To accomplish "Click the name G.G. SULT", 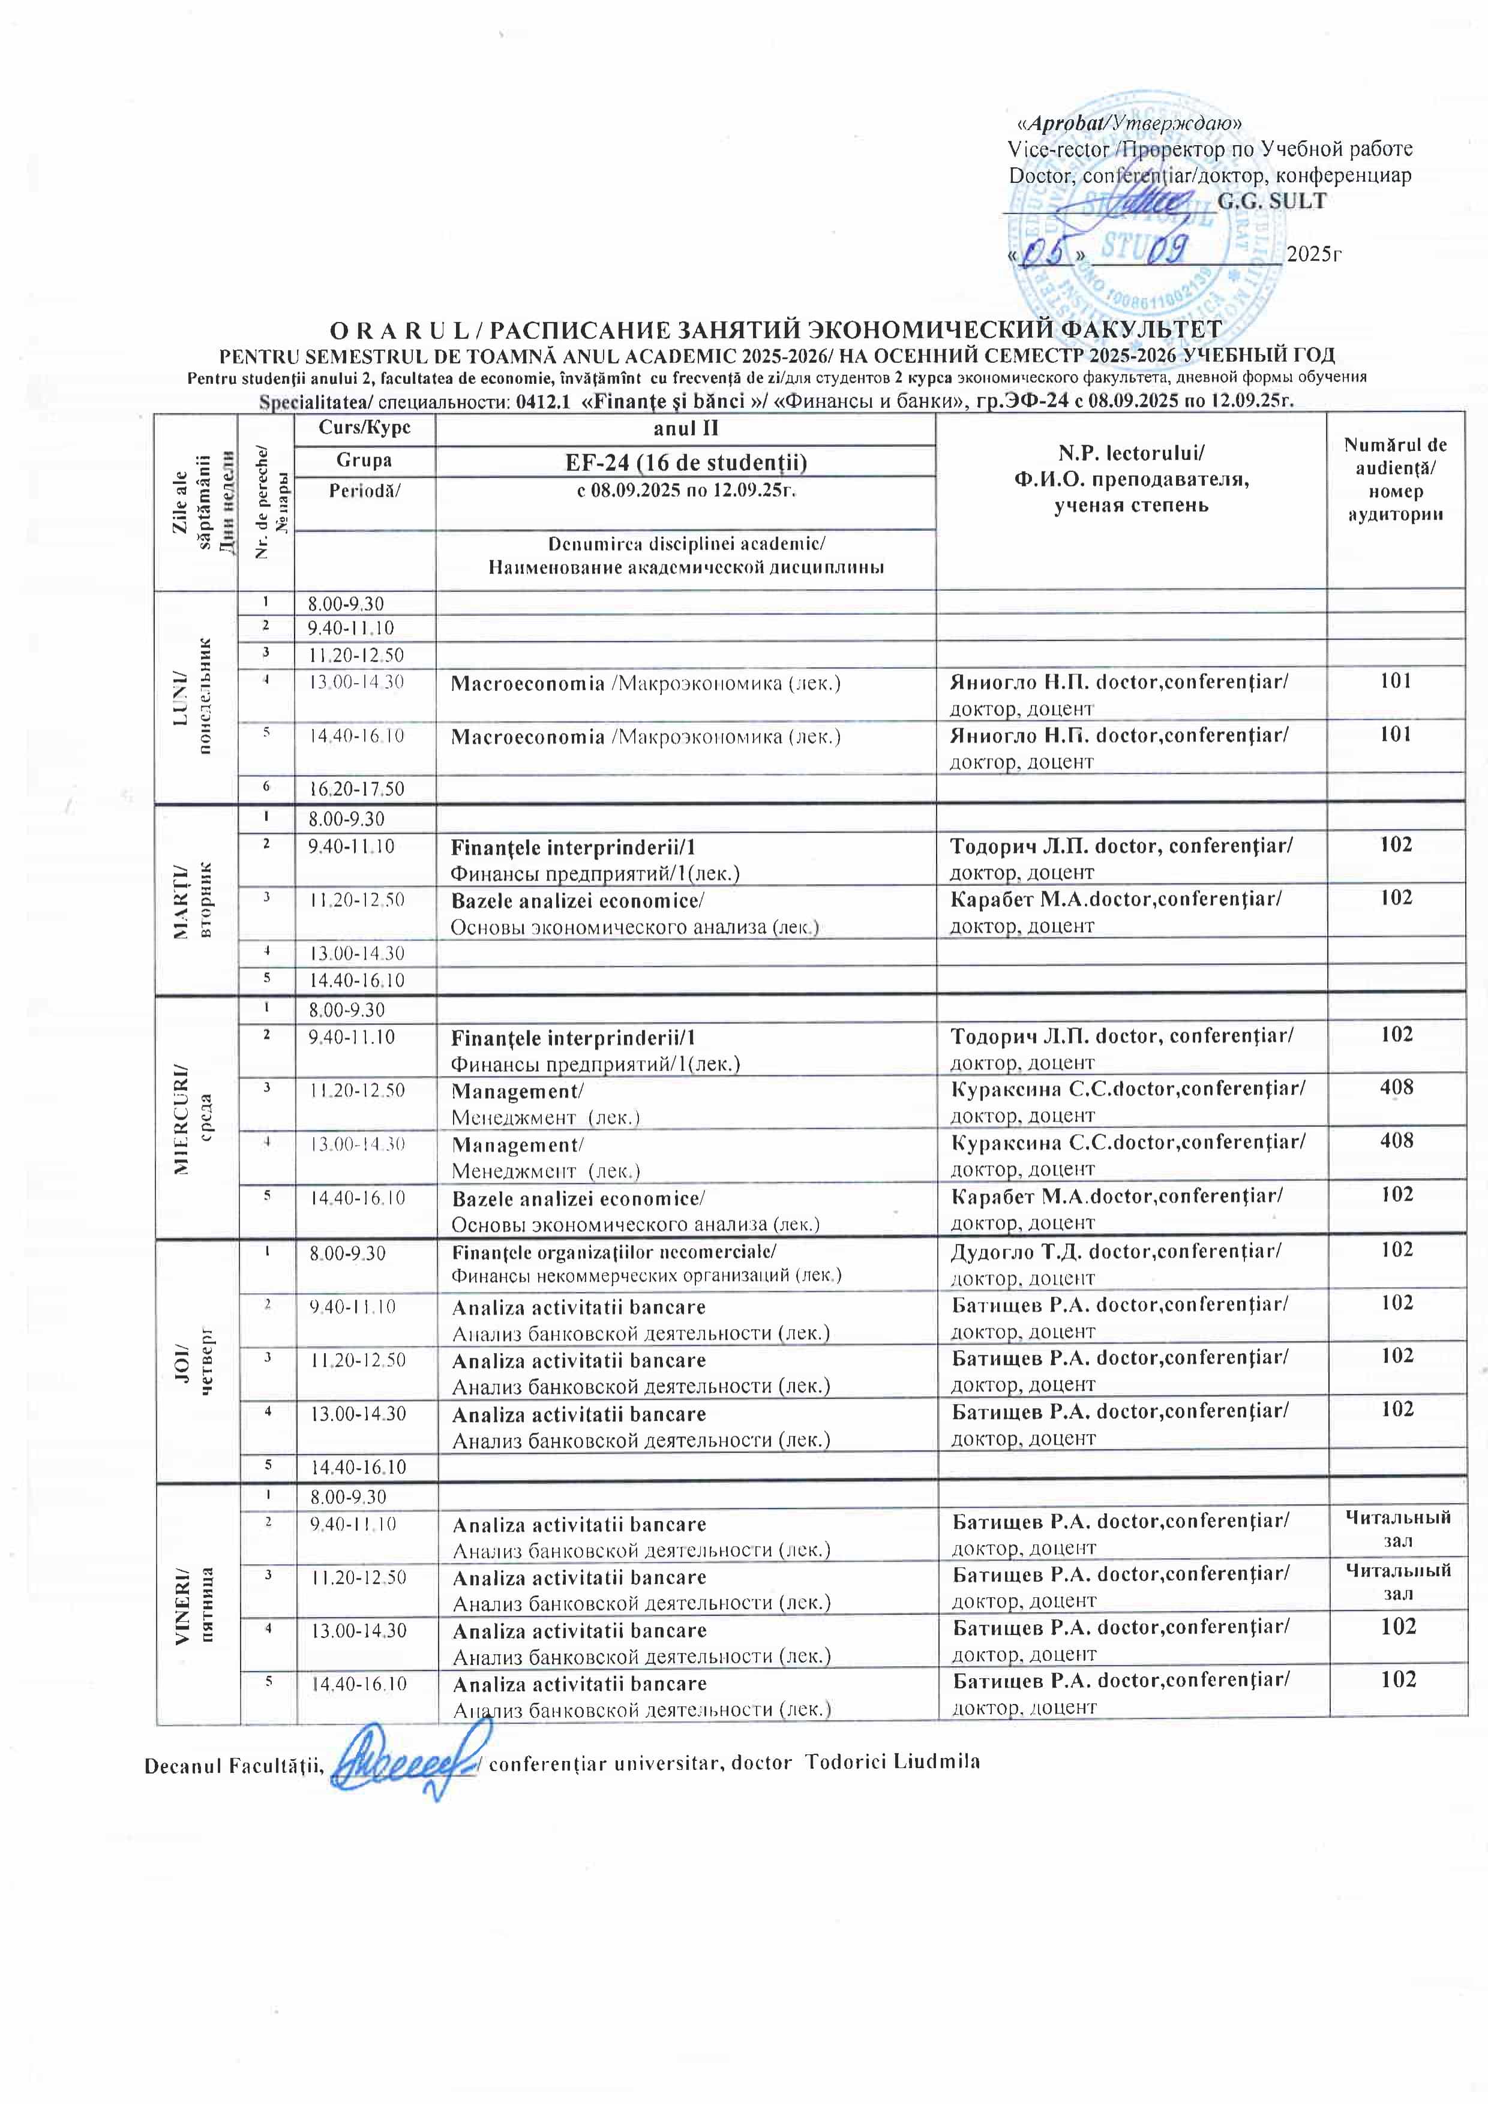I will [1271, 201].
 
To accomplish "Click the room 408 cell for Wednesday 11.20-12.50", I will [1396, 1088].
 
